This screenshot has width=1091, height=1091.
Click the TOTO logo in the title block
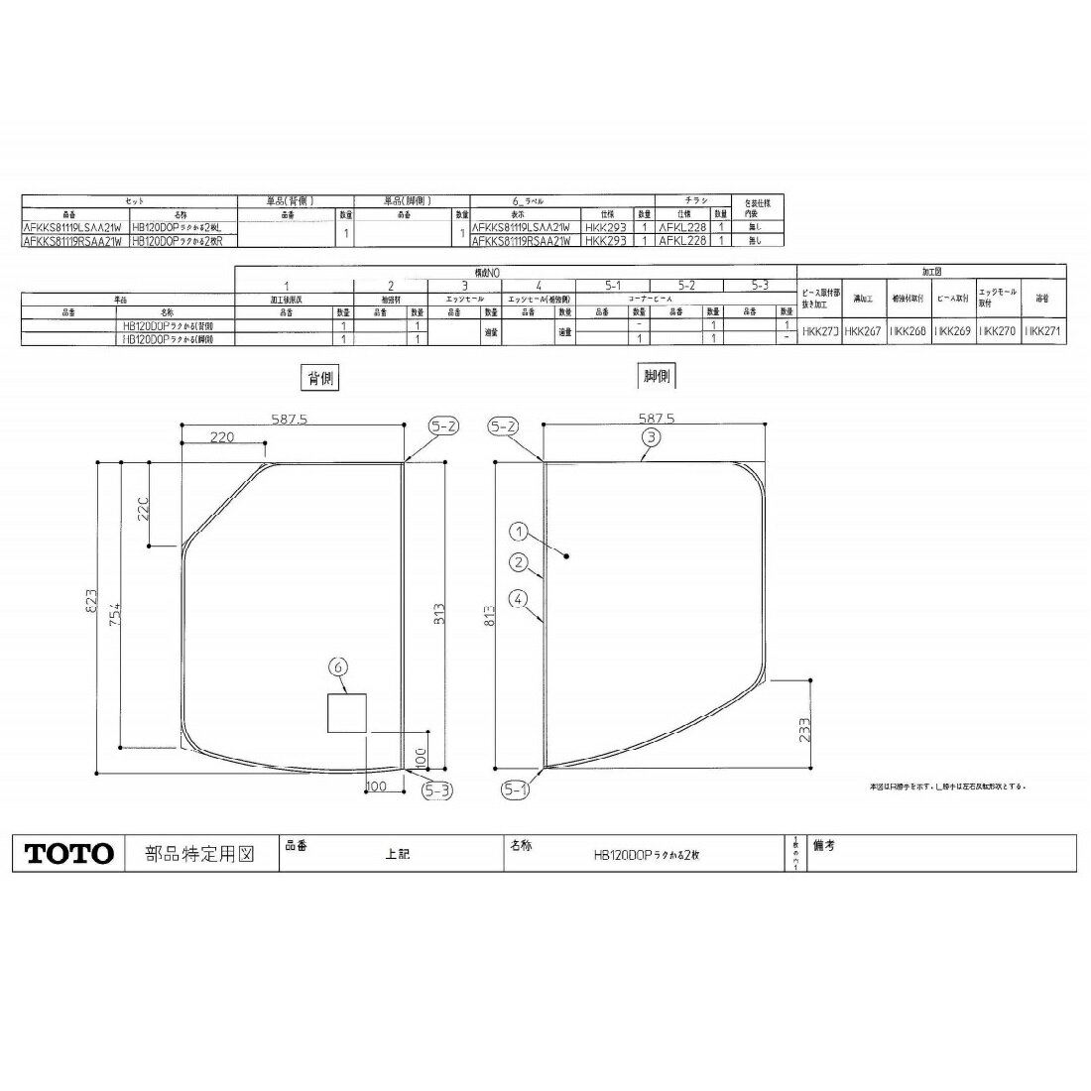coord(69,854)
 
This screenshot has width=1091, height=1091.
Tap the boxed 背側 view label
coord(317,378)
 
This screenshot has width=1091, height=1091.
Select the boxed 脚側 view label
coord(656,376)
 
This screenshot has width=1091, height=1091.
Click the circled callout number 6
coord(339,668)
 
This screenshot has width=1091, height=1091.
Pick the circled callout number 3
coord(650,436)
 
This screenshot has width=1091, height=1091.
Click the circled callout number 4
coord(518,598)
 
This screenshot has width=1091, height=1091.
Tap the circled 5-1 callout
coord(514,790)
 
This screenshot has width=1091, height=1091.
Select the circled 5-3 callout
coord(438,790)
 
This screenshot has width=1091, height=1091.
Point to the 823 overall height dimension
coord(90,603)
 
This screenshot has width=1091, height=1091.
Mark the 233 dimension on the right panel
coord(803,729)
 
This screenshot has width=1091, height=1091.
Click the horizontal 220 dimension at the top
coord(223,436)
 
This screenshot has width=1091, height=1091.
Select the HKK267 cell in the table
coord(859,332)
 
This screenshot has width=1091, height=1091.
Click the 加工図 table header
coord(931,270)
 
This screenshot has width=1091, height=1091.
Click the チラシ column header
coord(693,200)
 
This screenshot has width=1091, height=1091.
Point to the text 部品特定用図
coord(199,854)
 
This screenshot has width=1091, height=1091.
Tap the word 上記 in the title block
coord(397,854)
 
